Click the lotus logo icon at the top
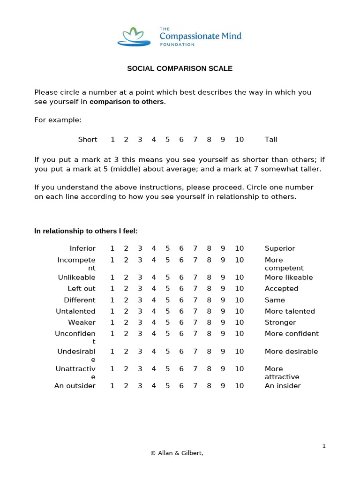tap(134, 37)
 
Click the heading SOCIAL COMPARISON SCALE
tap(180, 68)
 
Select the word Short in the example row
tap(88, 140)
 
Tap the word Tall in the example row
tap(271, 140)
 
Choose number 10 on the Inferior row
tap(239, 248)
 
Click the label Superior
tap(280, 248)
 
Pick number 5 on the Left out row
tap(167, 289)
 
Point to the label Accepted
tap(281, 289)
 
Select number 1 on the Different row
tap(112, 300)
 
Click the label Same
tap(275, 300)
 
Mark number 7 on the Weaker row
tap(195, 322)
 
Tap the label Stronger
tap(280, 322)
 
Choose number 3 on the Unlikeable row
tap(140, 277)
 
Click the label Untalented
tap(76, 311)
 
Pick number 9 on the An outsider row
tap(223, 386)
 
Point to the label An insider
tap(283, 386)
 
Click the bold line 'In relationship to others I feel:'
tap(86, 231)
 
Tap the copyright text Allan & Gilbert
tap(177, 453)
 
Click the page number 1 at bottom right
tap(323, 446)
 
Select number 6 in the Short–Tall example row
tap(181, 140)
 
